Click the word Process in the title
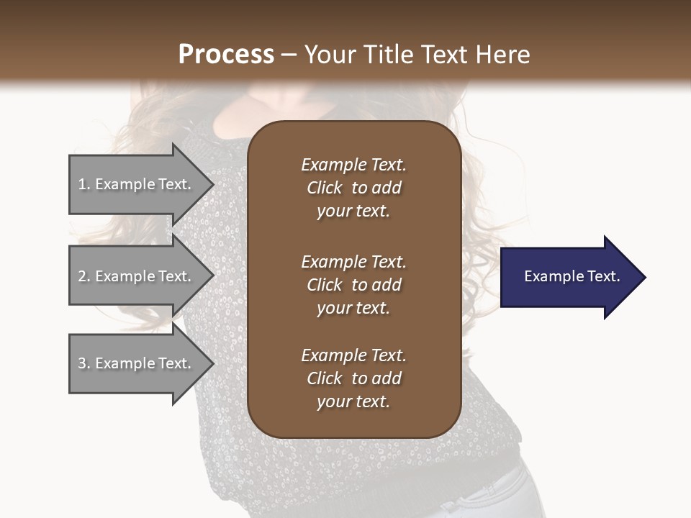[x=226, y=55]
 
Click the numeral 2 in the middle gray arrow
[x=82, y=276]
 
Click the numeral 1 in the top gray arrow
[x=82, y=184]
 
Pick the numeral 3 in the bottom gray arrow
[x=82, y=363]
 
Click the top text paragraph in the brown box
[x=353, y=188]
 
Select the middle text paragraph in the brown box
[x=353, y=285]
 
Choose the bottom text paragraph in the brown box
[x=353, y=378]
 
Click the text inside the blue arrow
[x=572, y=276]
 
